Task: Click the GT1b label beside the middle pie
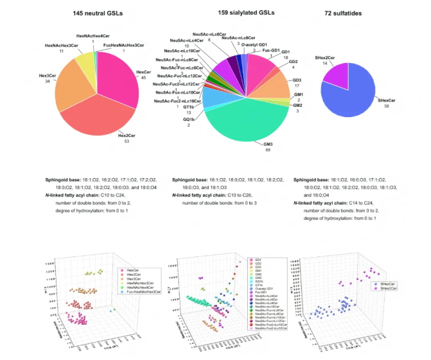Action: pyautogui.click(x=190, y=107)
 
